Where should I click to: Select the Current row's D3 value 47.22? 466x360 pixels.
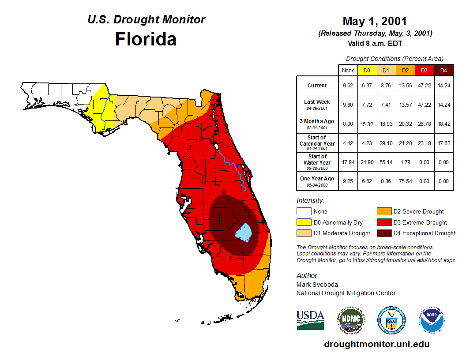point(424,86)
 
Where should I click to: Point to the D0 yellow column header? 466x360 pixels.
point(367,70)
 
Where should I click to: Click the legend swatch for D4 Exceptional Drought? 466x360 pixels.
point(383,233)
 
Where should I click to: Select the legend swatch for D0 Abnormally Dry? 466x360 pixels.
point(304,222)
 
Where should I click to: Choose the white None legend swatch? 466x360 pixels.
point(304,212)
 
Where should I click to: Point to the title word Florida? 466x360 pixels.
point(146,39)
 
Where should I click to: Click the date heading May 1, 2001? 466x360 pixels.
point(375,21)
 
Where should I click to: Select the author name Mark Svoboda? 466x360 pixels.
point(317,285)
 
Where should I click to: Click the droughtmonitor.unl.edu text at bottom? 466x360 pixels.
point(376,344)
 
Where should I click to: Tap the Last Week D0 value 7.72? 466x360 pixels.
point(367,105)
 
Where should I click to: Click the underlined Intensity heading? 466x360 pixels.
point(310,201)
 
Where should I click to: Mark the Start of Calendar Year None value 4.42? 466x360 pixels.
point(348,143)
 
